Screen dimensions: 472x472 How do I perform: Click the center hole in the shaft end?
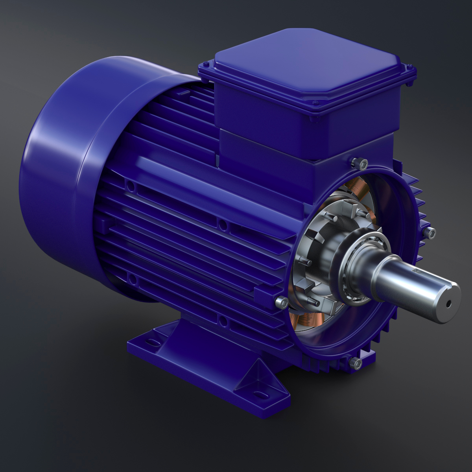click(x=448, y=303)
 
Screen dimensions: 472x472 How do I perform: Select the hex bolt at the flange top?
click(x=358, y=162)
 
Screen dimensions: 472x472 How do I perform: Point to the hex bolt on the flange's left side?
click(x=281, y=302)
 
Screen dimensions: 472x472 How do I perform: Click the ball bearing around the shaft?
click(x=356, y=271)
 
